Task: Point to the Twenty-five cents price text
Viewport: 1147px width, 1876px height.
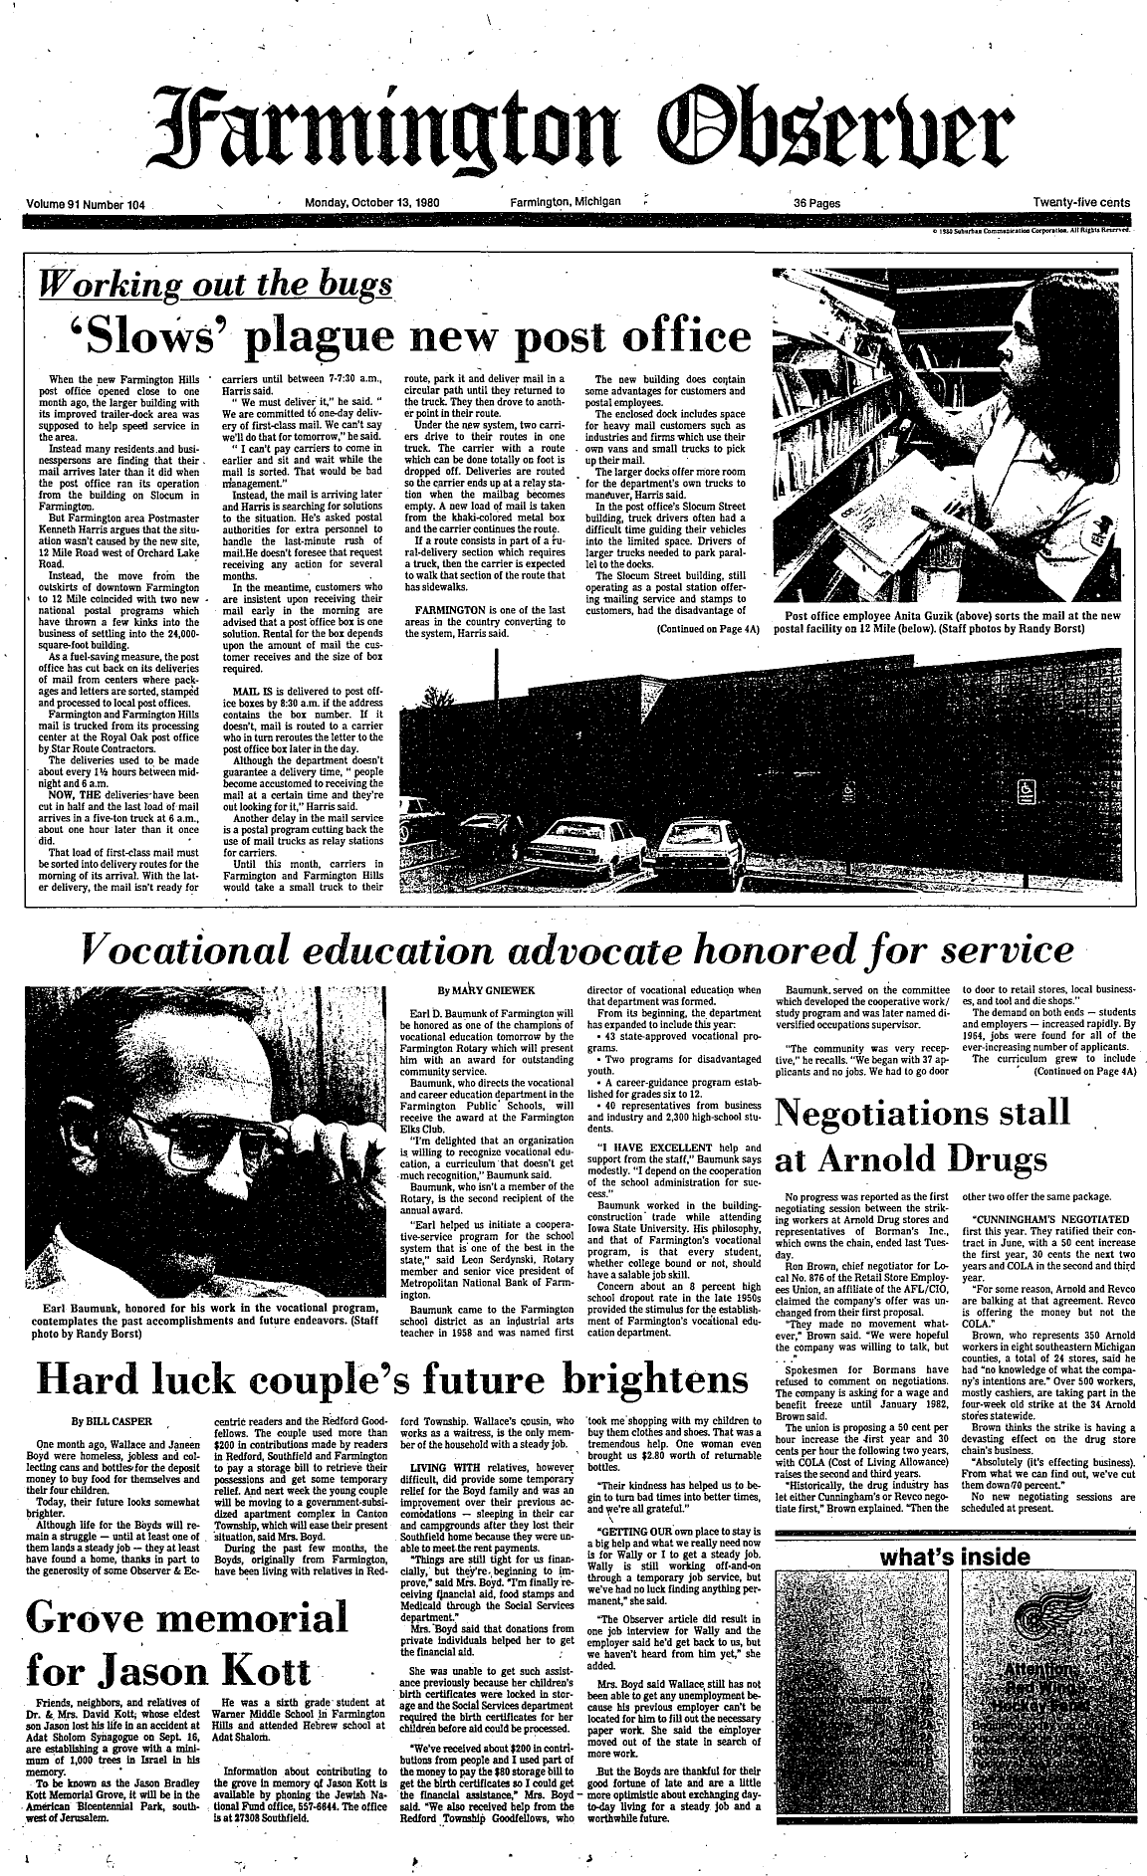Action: point(1081,202)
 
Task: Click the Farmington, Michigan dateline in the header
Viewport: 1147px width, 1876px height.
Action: point(565,202)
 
